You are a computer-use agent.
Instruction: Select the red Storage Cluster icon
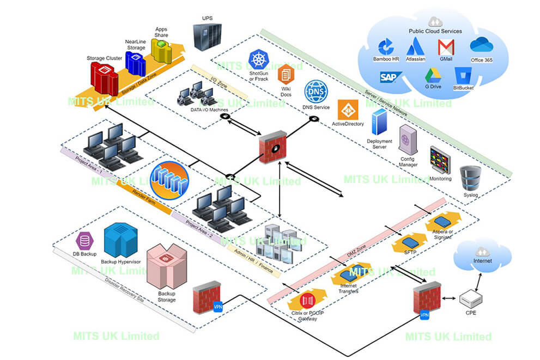[x=104, y=78]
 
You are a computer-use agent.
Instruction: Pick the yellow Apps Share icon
[x=161, y=49]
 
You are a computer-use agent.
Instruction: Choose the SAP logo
[x=391, y=77]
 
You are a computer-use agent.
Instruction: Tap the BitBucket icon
[x=463, y=76]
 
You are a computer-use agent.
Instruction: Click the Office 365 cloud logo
[x=481, y=45]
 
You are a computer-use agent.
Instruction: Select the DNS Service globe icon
[x=315, y=91]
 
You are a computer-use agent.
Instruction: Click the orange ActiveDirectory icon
[x=347, y=109]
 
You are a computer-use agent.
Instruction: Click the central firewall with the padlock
[x=273, y=147]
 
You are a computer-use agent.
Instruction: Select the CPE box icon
[x=469, y=298]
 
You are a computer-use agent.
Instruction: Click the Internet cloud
[x=482, y=255]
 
